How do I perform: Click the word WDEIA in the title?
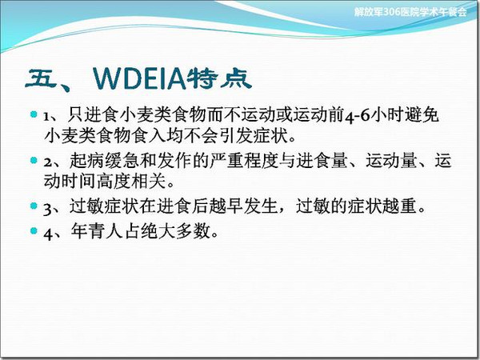coord(139,79)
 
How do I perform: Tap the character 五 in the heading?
coord(42,78)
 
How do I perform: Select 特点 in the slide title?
coord(219,78)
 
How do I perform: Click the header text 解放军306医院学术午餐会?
coord(410,12)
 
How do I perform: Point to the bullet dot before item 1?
coord(34,114)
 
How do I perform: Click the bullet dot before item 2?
coord(34,160)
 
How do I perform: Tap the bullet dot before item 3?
coord(34,206)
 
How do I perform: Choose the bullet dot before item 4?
coord(34,230)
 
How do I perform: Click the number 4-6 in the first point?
coord(358,116)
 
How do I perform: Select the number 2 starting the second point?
coord(48,162)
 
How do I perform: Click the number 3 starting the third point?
coord(48,209)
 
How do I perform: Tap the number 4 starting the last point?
coord(48,234)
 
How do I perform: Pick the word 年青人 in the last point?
coord(97,231)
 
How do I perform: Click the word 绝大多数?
coord(176,231)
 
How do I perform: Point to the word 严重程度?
coord(244,160)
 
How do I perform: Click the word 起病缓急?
coord(105,160)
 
